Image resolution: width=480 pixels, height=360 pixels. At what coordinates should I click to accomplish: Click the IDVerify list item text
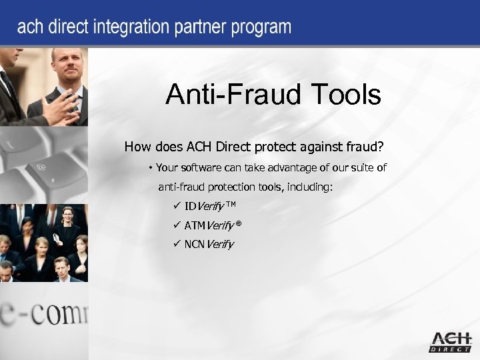click(x=203, y=205)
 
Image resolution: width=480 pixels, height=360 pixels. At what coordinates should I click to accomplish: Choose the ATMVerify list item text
click(x=208, y=225)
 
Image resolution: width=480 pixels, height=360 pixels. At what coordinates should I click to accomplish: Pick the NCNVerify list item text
click(x=209, y=244)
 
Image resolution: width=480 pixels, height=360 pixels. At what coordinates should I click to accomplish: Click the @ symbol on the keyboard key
click(x=41, y=166)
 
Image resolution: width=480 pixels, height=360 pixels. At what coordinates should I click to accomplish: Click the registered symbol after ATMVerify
click(x=238, y=223)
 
